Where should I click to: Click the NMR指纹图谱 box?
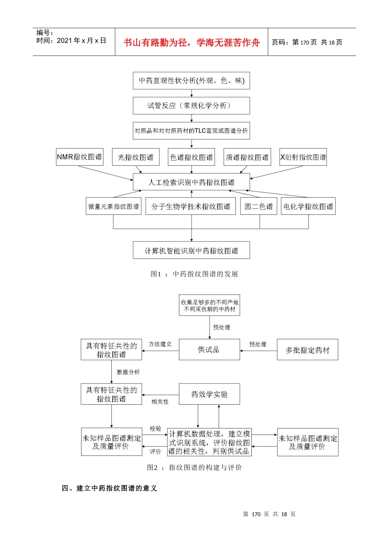coord(80,157)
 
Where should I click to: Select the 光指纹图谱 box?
coord(136,157)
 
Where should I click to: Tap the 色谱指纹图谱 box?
coord(191,157)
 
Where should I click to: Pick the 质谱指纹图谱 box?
coord(247,157)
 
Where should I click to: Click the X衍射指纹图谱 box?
coord(303,157)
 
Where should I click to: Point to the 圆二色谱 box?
coord(258,206)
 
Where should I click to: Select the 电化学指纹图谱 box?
coord(308,206)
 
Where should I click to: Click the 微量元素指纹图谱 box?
coord(113,206)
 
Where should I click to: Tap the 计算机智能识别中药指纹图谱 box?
coord(191,250)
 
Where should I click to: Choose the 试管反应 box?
coord(191,106)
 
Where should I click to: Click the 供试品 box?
coord(209,349)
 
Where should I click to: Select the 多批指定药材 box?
coord(308,350)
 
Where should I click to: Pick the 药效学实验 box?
coord(209,394)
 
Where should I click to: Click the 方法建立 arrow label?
coord(160,344)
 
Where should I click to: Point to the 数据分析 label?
coord(128,372)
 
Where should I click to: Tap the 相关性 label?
coord(160,402)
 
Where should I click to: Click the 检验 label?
coord(155,428)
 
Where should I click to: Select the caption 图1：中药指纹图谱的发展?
coord(194,274)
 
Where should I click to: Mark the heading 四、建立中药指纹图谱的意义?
coord(109,488)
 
